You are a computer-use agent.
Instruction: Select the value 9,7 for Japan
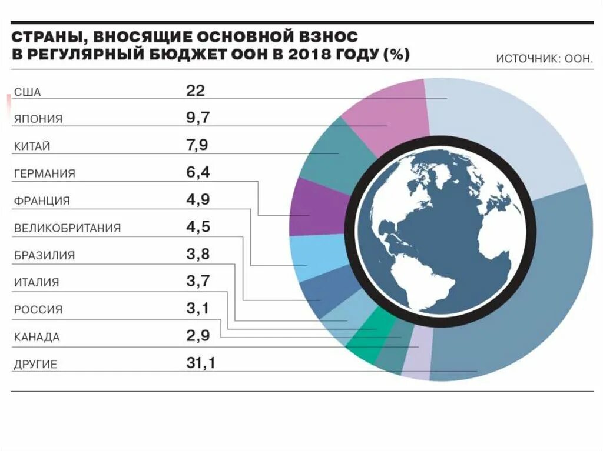198,118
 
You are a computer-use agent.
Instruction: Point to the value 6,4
198,173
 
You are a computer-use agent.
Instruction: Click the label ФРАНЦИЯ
42,201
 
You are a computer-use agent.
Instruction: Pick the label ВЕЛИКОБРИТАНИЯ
67,228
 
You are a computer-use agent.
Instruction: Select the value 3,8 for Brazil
198,255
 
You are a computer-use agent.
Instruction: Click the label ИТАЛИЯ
37,282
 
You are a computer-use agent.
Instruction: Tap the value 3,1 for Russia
198,309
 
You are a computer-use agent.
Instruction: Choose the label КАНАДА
37,337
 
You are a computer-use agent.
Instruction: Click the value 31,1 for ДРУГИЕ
201,363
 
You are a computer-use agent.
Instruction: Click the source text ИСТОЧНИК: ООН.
544,59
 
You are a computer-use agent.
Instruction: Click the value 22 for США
195,91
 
